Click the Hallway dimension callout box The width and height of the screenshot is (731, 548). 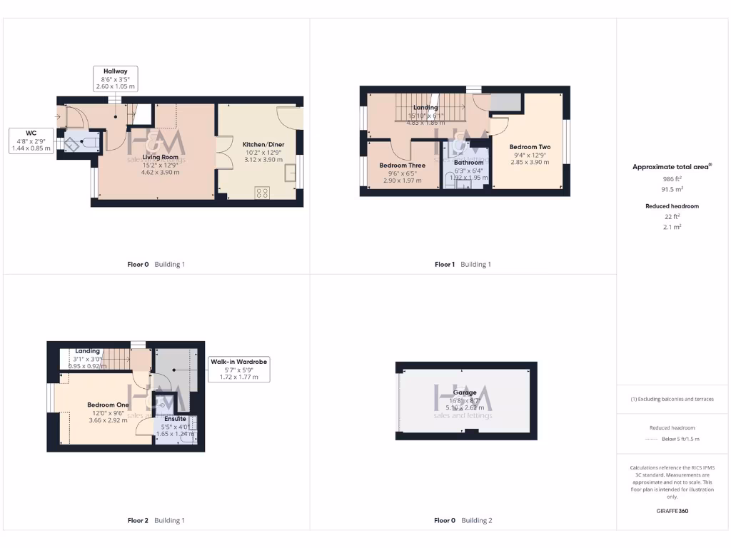(x=116, y=78)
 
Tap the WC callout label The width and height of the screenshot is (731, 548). (x=31, y=141)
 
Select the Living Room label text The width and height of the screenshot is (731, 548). (x=160, y=157)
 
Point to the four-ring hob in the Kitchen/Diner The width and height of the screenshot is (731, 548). (x=262, y=192)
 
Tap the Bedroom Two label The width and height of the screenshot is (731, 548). (x=530, y=147)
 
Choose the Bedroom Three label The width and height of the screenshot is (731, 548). (x=402, y=166)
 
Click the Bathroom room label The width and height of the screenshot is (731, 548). (x=468, y=163)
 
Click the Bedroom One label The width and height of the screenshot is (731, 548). (x=109, y=405)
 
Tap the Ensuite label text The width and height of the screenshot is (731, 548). (x=175, y=419)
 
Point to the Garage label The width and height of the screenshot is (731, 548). (x=464, y=393)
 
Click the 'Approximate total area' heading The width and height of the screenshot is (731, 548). (x=671, y=167)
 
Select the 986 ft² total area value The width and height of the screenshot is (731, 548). (x=672, y=179)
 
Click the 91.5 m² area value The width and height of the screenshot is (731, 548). (x=672, y=190)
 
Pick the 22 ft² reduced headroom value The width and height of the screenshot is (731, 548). (x=672, y=216)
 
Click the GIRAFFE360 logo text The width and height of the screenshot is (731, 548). (x=672, y=511)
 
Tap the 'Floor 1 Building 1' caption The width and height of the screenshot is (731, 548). (x=463, y=265)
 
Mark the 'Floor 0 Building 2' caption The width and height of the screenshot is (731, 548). (x=463, y=521)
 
